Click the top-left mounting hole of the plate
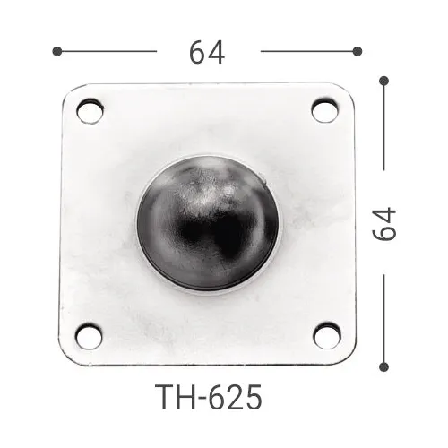click(x=89, y=111)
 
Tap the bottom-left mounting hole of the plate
click(x=88, y=336)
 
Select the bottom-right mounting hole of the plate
click(x=325, y=335)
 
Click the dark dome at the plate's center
click(x=207, y=223)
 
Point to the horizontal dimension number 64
click(x=207, y=53)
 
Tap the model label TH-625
click(x=208, y=393)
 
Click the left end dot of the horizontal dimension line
click(x=56, y=51)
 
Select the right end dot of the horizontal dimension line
click(x=358, y=51)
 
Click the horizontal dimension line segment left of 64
click(x=108, y=51)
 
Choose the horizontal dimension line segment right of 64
click(x=309, y=51)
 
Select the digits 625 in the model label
click(x=236, y=393)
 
